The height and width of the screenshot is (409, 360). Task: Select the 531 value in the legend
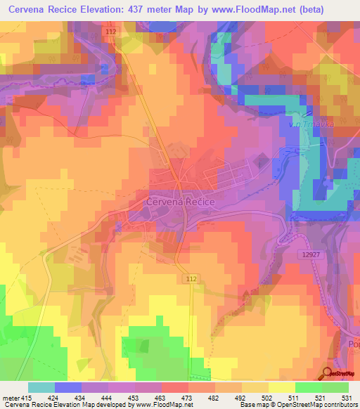[346, 397]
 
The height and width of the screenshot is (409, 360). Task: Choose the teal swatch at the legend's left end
[41, 387]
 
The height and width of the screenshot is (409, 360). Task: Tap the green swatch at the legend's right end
[335, 387]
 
